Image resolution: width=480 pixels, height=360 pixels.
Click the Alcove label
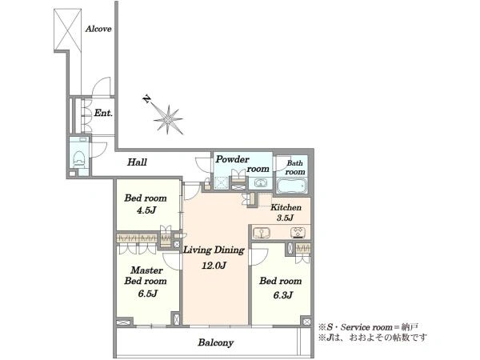[98, 29]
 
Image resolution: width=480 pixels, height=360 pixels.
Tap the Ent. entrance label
[103, 113]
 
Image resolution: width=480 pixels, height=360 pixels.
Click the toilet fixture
[79, 157]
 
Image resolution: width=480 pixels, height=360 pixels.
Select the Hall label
[137, 162]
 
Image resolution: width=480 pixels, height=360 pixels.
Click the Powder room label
[242, 164]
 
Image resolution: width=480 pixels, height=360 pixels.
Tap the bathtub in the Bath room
[292, 186]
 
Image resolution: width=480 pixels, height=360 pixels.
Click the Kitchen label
[286, 207]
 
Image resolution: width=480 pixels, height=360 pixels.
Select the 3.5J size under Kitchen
[285, 218]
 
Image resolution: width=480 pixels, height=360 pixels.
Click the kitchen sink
[262, 233]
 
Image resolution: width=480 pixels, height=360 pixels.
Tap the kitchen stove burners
[298, 233]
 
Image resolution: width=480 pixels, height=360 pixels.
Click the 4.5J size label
[146, 210]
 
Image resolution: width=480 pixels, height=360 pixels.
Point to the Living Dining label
[214, 250]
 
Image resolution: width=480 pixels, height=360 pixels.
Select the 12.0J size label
[214, 266]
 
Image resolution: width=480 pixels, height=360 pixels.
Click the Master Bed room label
[146, 275]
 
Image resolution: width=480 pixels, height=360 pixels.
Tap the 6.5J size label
[147, 294]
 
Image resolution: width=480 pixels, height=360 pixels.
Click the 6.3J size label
[283, 294]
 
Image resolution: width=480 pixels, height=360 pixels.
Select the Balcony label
[215, 342]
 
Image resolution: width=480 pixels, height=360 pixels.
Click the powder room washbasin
[260, 184]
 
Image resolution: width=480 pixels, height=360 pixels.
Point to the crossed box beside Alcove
[68, 29]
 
